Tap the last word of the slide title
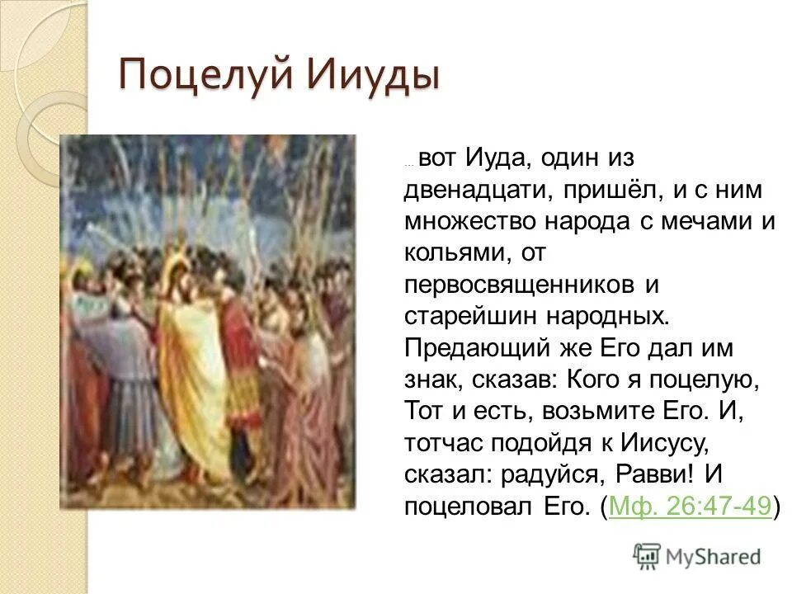click(374, 75)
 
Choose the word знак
click(435, 379)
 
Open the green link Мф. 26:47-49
click(690, 505)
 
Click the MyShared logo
click(697, 555)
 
